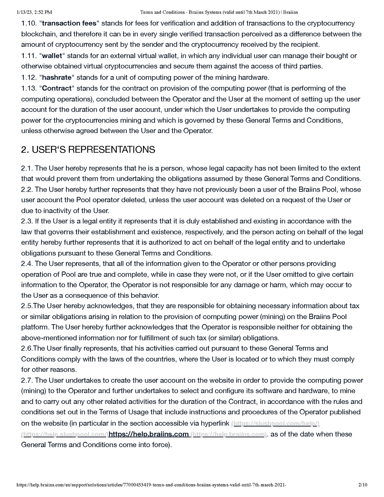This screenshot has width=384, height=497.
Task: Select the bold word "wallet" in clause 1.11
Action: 52,56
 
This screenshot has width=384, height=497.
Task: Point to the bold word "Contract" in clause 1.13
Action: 57,88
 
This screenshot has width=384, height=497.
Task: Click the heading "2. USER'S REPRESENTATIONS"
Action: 88,150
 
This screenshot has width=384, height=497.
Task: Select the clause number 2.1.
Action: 27,168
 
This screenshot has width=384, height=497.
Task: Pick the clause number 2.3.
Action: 27,221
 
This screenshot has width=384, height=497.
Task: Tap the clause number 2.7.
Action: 27,380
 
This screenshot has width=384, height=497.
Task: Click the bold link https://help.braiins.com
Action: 149,434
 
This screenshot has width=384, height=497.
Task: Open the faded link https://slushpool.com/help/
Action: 275,424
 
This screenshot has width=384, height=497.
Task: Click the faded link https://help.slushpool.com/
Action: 65,435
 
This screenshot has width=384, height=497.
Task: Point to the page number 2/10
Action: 363,485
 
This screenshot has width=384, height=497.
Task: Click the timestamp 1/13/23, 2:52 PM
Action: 34,12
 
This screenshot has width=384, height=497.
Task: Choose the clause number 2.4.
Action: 27,264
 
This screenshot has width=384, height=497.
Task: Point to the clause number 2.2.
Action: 27,190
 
